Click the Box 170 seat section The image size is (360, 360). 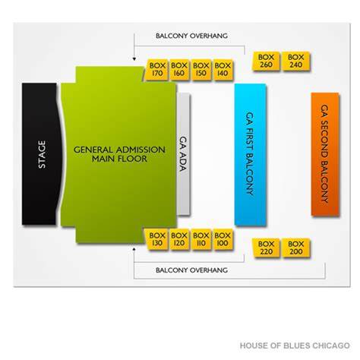[156, 70]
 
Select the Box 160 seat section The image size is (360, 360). [179, 70]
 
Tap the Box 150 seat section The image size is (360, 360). [201, 70]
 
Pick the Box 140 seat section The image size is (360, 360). [223, 70]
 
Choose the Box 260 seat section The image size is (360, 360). [266, 61]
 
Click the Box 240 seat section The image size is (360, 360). [296, 61]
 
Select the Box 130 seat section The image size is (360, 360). [156, 239]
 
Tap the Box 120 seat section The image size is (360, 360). [179, 239]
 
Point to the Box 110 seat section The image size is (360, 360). [201, 239]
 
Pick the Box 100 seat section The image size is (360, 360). [223, 239]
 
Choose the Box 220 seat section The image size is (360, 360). [266, 248]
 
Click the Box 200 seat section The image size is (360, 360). [296, 248]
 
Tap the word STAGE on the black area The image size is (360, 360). [42, 154]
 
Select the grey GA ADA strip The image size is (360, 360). [183, 154]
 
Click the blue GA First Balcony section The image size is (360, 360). [250, 154]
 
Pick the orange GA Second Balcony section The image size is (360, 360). [325, 154]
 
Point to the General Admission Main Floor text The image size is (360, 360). [119, 154]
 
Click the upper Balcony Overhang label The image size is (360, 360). [191, 36]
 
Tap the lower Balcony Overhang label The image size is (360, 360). [191, 270]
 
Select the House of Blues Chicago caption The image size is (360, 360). [295, 346]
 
